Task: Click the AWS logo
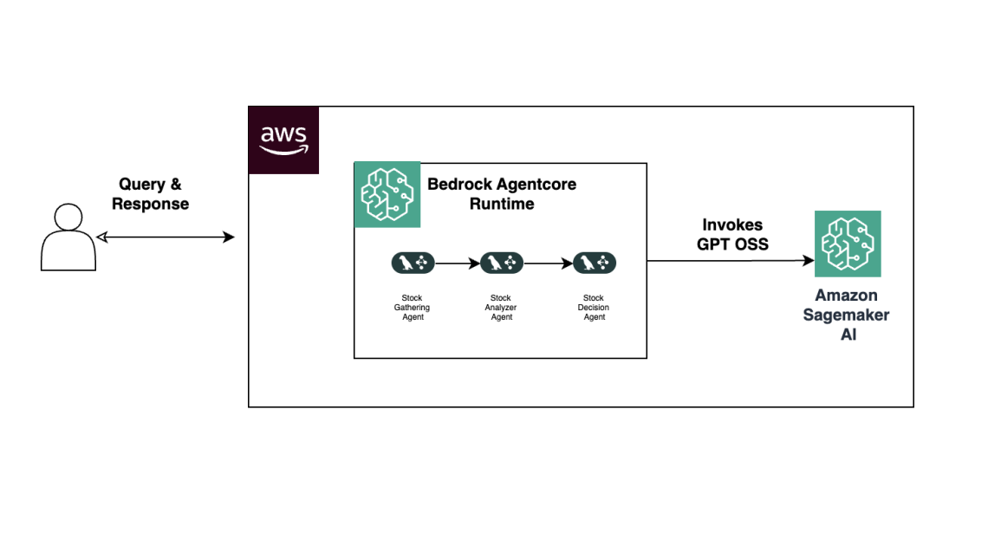(x=283, y=140)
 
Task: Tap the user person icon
(x=68, y=237)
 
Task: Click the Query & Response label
(x=150, y=194)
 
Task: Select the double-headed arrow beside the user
(x=166, y=237)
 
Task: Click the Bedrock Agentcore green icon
(x=387, y=195)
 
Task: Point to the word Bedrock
(x=465, y=185)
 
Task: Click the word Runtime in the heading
(x=502, y=205)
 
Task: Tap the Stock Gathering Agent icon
(x=413, y=263)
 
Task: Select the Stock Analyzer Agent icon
(x=502, y=263)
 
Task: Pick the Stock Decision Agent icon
(x=595, y=263)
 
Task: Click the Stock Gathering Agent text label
(x=413, y=308)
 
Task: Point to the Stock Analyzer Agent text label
(x=502, y=308)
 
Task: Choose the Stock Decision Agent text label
(x=595, y=308)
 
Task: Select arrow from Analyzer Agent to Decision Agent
(x=548, y=263)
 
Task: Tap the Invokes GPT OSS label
(x=732, y=235)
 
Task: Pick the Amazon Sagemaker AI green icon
(x=847, y=244)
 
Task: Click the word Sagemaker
(x=846, y=315)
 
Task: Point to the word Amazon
(x=846, y=296)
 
